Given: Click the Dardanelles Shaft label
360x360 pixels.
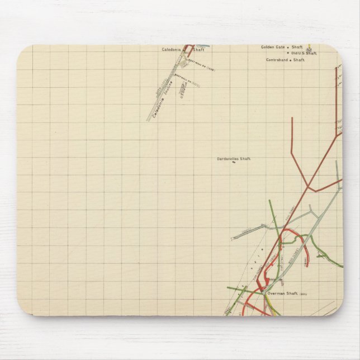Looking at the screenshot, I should click(x=234, y=159).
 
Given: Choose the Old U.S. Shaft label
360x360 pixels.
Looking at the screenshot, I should click(x=304, y=53).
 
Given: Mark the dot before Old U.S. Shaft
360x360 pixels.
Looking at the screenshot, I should click(x=288, y=54).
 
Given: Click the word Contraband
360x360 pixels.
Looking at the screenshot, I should click(x=277, y=60).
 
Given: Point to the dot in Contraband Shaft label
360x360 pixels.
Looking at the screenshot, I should click(x=291, y=60).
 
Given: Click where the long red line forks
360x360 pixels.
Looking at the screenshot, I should click(x=307, y=185).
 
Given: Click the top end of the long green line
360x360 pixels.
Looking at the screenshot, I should click(x=269, y=200).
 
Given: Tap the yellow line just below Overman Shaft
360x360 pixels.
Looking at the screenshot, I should click(x=268, y=302).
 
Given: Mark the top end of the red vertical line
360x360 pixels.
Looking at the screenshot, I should click(x=292, y=118).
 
